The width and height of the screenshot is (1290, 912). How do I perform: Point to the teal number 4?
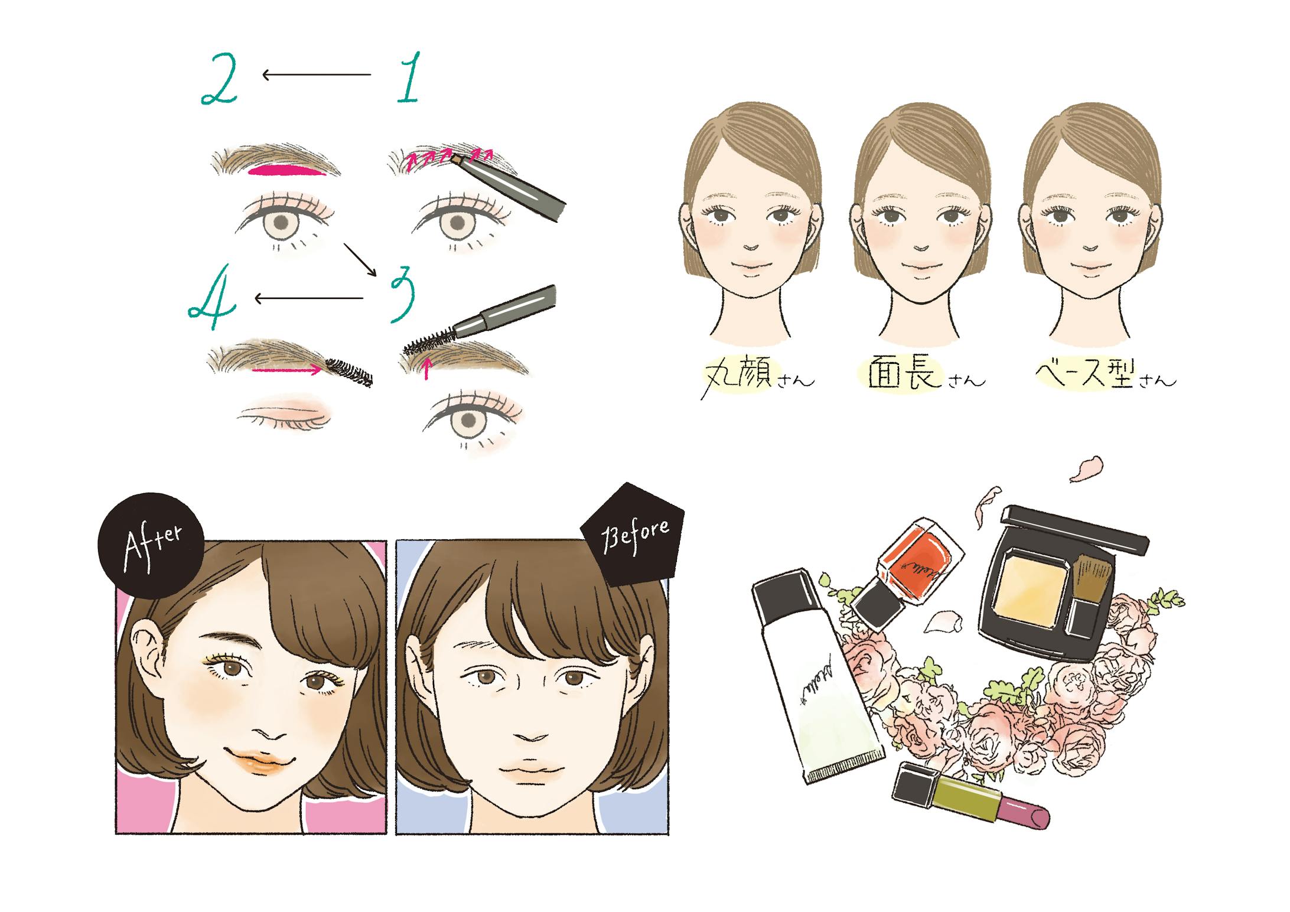(213, 305)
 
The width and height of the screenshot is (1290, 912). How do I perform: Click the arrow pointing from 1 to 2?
(317, 74)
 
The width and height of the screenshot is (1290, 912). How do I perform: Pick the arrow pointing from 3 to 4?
(309, 298)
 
